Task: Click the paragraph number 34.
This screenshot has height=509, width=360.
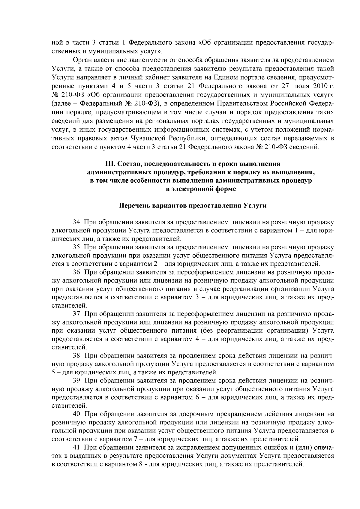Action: [77, 222]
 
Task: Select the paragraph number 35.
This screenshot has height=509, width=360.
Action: [77, 247]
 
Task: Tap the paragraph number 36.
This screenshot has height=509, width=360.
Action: [77, 272]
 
